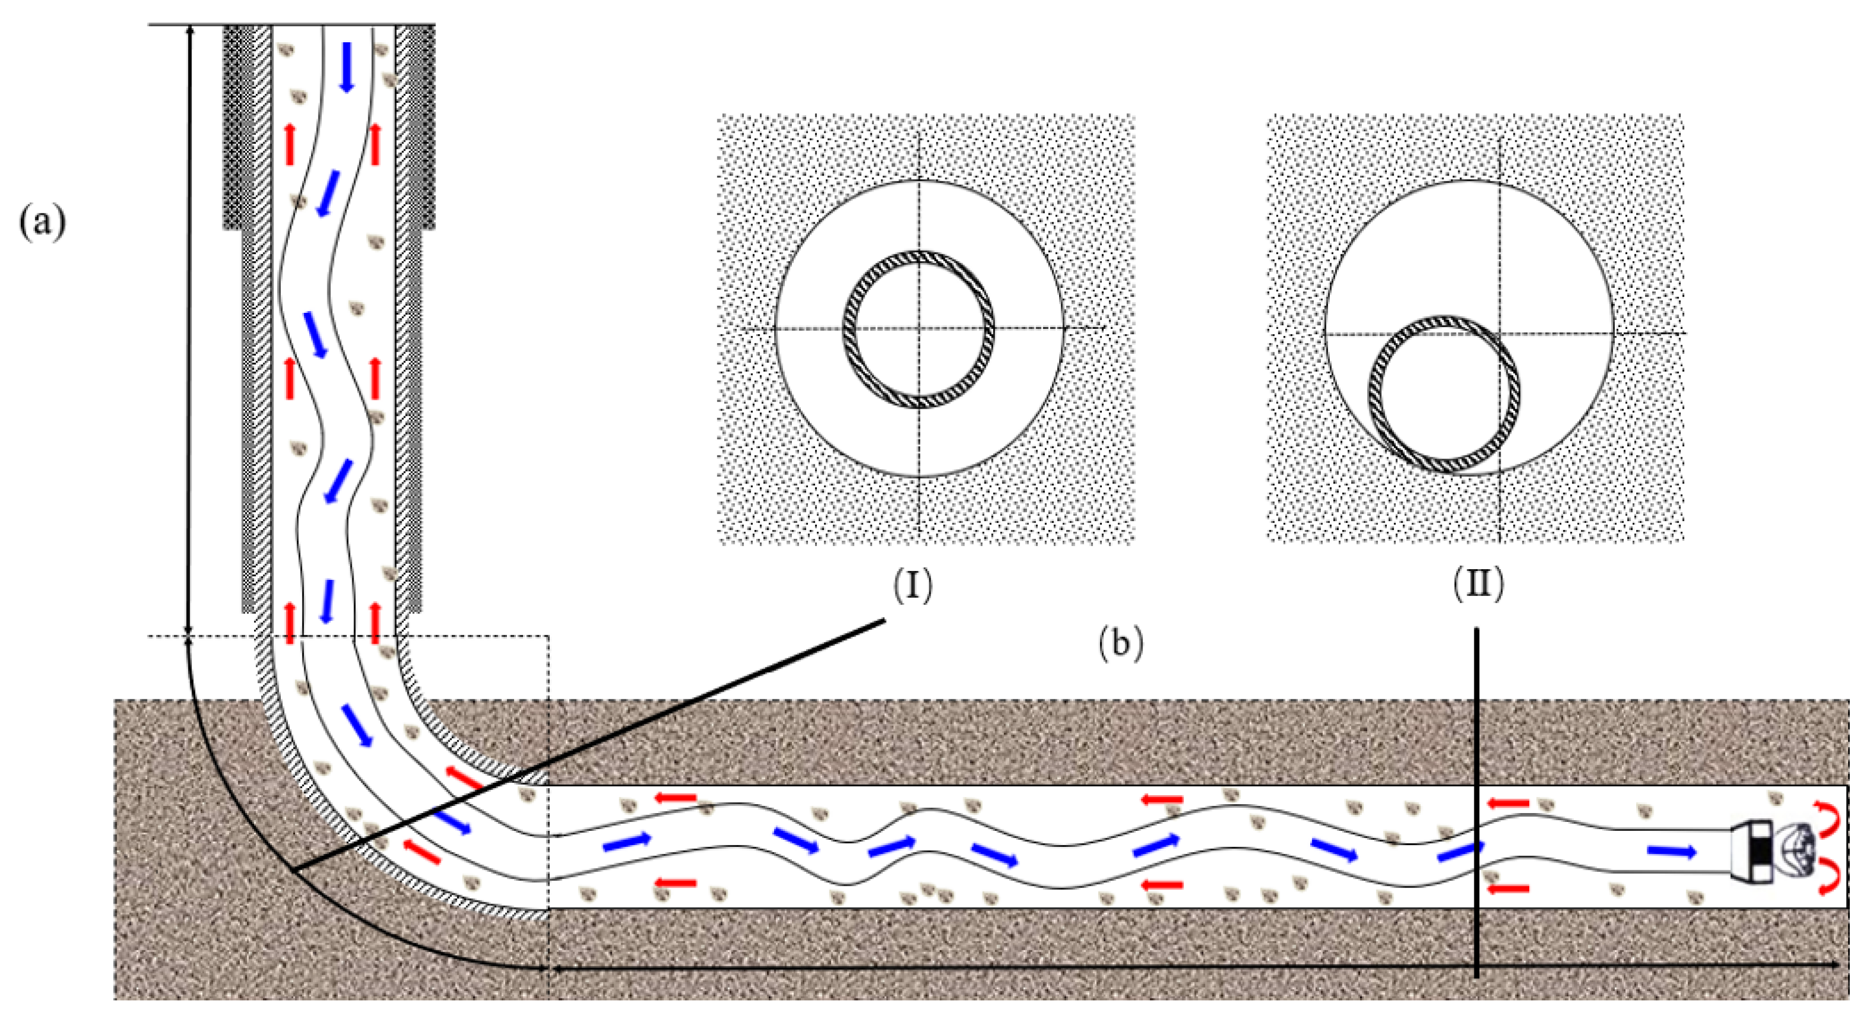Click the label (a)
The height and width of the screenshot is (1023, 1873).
[x=42, y=222]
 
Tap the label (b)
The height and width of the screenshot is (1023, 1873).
[x=1120, y=644]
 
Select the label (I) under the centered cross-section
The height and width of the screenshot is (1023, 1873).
[x=913, y=585]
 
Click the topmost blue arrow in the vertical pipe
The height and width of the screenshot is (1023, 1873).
[x=347, y=66]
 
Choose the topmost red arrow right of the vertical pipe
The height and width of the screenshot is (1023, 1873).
[x=375, y=143]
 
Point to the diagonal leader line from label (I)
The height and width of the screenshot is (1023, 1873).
[x=589, y=745]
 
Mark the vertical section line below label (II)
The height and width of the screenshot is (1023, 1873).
[x=1477, y=800]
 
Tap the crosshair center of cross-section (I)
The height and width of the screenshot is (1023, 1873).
[x=919, y=329]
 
